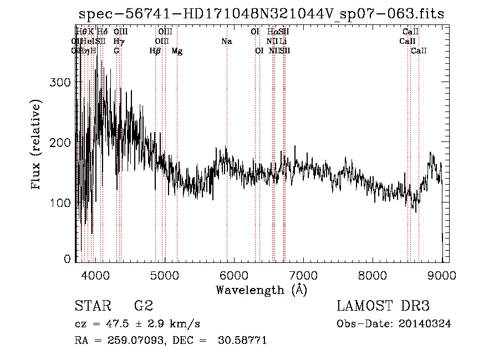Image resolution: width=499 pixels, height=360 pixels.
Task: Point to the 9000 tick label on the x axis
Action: click(x=441, y=276)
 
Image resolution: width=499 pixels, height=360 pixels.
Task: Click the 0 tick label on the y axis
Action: click(x=68, y=258)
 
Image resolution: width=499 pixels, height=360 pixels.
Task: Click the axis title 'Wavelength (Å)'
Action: click(x=261, y=290)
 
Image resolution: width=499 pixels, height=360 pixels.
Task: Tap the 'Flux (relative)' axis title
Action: click(x=37, y=145)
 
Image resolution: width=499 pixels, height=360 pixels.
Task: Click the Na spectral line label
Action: click(x=226, y=41)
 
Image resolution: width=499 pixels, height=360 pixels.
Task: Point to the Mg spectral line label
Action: click(x=177, y=51)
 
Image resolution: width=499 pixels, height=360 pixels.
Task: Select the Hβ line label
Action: click(x=155, y=51)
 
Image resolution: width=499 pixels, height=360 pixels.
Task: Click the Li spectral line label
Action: click(x=283, y=41)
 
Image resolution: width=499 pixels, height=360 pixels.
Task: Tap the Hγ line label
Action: click(x=118, y=41)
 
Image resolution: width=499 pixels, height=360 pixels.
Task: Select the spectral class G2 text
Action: click(x=144, y=306)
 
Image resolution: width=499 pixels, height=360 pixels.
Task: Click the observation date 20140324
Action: click(x=425, y=324)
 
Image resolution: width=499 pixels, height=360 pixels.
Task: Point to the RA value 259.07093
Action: click(x=135, y=340)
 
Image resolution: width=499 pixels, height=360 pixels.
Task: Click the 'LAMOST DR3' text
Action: click(x=383, y=306)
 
